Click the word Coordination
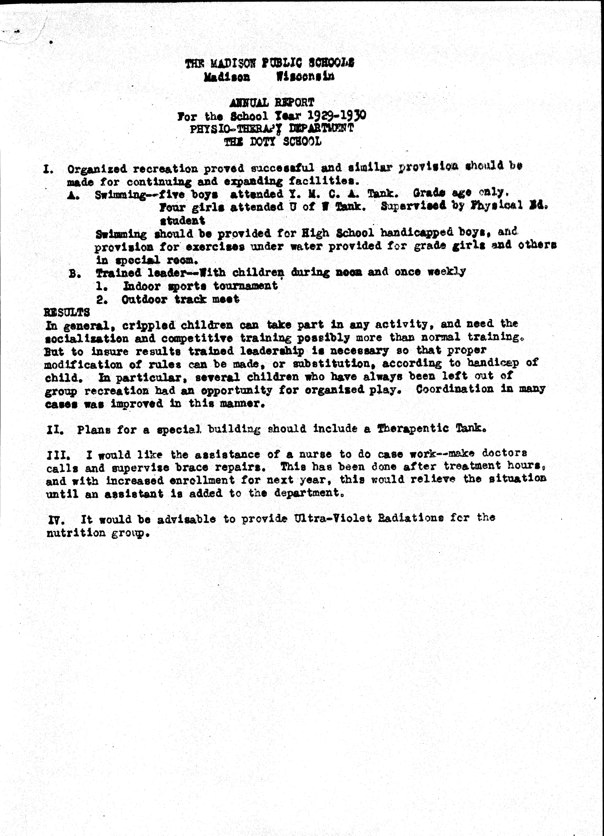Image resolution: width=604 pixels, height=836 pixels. pos(455,389)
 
